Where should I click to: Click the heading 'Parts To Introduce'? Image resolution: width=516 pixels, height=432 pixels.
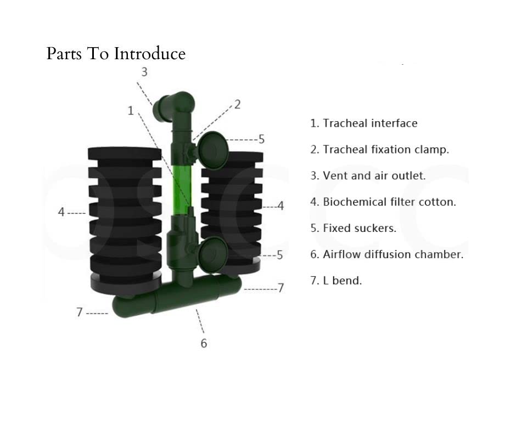pyautogui.click(x=116, y=54)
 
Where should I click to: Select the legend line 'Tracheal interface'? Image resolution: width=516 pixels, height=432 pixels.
pyautogui.click(x=363, y=123)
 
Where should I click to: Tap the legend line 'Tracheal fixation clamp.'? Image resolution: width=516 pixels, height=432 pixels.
pyautogui.click(x=379, y=150)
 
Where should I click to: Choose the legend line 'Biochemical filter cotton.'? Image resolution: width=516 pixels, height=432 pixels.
pyautogui.click(x=383, y=202)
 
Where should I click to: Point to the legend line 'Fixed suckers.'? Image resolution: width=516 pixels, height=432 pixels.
pyautogui.click(x=353, y=228)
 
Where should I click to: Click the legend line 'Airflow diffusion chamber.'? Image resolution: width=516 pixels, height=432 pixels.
pyautogui.click(x=386, y=254)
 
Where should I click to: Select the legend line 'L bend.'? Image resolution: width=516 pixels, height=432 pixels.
pyautogui.click(x=336, y=281)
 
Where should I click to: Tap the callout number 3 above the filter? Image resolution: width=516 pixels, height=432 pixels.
pyautogui.click(x=144, y=72)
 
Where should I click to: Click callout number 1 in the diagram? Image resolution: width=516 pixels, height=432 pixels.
pyautogui.click(x=131, y=111)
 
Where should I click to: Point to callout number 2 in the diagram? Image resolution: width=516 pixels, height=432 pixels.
pyautogui.click(x=237, y=104)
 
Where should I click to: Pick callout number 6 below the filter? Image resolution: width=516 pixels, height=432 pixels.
pyautogui.click(x=204, y=343)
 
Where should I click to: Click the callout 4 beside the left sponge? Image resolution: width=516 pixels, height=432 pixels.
pyautogui.click(x=61, y=212)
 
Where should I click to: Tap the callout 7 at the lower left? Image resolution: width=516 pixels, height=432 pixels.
pyautogui.click(x=80, y=312)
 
